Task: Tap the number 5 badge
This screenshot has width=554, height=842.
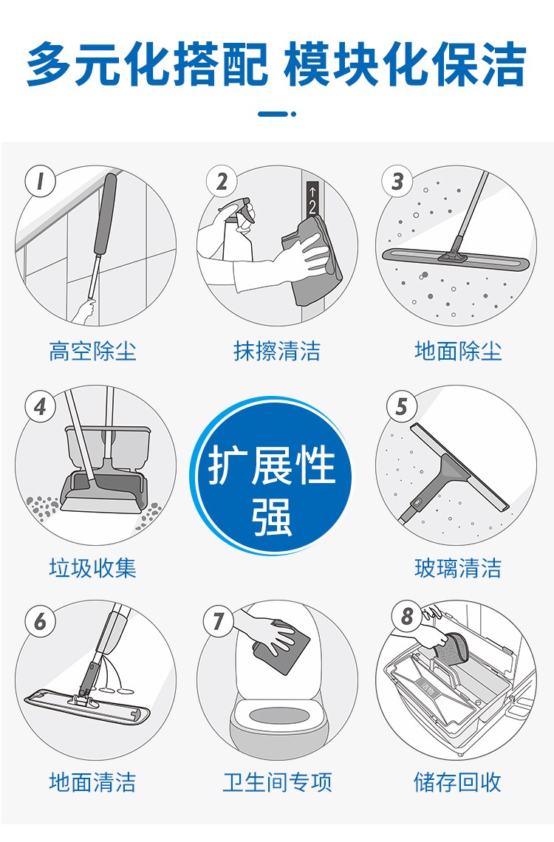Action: tap(402, 406)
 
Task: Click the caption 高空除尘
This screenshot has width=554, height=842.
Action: tap(92, 351)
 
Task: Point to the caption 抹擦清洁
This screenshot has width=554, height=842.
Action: tap(276, 351)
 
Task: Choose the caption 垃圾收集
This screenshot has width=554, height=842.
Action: tap(92, 567)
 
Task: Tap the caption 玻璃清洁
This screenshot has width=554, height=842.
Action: tap(458, 567)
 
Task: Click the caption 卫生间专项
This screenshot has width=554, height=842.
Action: tap(277, 782)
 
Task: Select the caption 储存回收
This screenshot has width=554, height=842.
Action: tap(458, 782)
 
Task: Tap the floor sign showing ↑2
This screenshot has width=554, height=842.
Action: tap(312, 199)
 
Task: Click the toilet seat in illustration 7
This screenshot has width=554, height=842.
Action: tap(277, 719)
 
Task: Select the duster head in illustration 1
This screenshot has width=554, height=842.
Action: tap(105, 215)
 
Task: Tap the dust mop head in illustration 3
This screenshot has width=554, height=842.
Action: tap(456, 259)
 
